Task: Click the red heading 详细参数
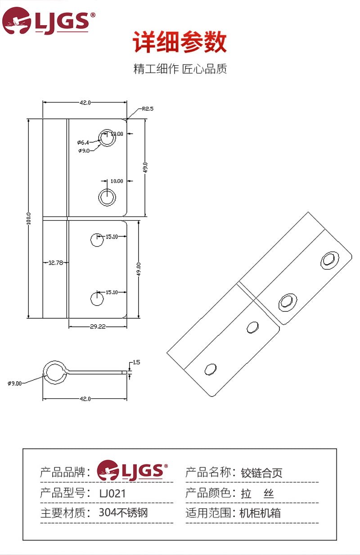point(180,41)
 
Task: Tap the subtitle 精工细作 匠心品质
point(180,69)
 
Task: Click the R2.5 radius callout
point(148,109)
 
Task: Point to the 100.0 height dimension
point(29,218)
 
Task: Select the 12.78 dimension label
point(56,262)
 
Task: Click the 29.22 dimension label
point(98,326)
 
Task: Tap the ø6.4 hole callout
point(83,143)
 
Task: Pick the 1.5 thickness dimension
point(136,362)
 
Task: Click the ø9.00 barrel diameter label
point(14,384)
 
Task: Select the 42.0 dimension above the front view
point(85,103)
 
